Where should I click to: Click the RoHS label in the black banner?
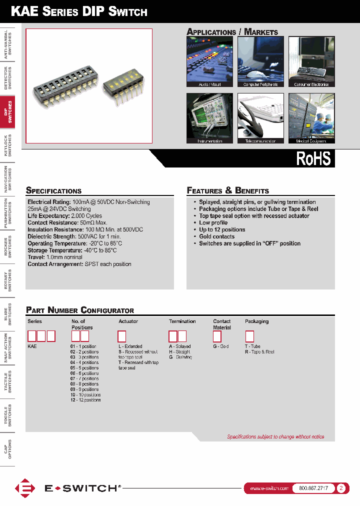[313, 158]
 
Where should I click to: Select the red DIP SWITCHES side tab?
[7, 112]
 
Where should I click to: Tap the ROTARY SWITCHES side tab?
[7, 280]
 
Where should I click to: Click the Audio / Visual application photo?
[209, 62]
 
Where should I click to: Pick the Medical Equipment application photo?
[311, 118]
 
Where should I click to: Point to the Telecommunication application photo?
[260, 118]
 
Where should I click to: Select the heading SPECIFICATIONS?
[53, 190]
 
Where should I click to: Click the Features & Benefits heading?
[227, 190]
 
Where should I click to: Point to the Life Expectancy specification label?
[49, 215]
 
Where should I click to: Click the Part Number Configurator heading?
[80, 310]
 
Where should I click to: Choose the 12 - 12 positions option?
[85, 400]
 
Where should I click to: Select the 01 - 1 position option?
[83, 346]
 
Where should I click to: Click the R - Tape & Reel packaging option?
[259, 352]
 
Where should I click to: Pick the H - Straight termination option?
[179, 352]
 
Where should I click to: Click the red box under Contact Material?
[217, 336]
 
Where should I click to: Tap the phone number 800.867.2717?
[313, 488]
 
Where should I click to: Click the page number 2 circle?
[341, 488]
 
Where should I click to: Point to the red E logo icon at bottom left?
[24, 488]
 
